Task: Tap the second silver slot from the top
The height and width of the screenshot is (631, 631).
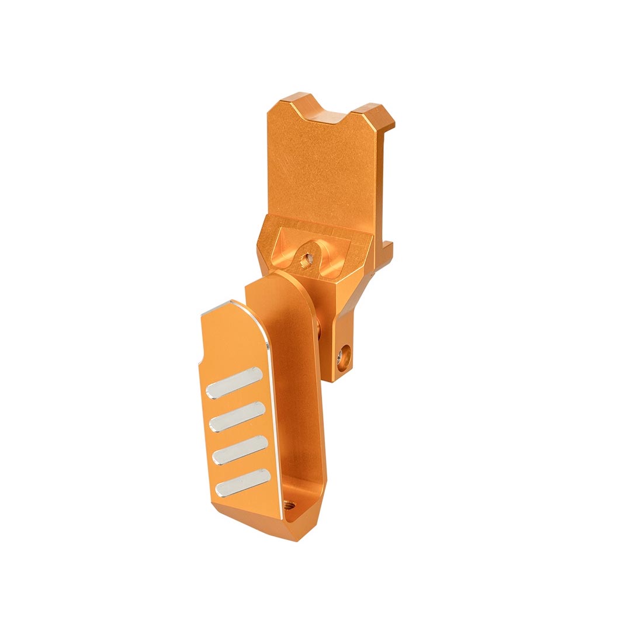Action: tap(237, 417)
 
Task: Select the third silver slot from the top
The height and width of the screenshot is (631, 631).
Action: tap(240, 450)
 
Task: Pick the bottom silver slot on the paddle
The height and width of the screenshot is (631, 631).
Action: tap(242, 483)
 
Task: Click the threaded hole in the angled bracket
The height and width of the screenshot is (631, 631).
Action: tap(304, 261)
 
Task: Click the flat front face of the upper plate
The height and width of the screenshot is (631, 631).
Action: tap(324, 169)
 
